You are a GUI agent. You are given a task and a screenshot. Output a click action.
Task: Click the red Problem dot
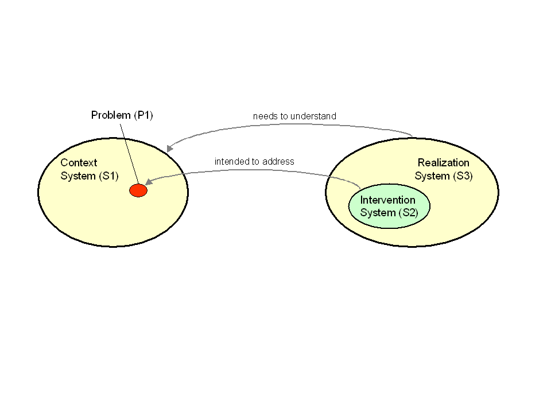pyautogui.click(x=138, y=190)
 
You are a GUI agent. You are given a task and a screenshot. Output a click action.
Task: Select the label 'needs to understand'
pyautogui.click(x=294, y=116)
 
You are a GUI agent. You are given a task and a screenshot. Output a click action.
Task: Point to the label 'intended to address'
pyautogui.click(x=254, y=162)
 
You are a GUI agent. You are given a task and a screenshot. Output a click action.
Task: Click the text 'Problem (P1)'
pyautogui.click(x=122, y=115)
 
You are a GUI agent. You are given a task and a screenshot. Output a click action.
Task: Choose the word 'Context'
pyautogui.click(x=79, y=163)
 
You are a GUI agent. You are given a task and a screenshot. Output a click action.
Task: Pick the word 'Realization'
pyautogui.click(x=443, y=163)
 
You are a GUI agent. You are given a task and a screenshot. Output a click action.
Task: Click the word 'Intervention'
pyautogui.click(x=387, y=200)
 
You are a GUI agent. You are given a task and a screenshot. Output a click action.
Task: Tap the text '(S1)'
pyautogui.click(x=108, y=176)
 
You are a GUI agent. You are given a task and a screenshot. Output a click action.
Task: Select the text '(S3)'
pyautogui.click(x=462, y=176)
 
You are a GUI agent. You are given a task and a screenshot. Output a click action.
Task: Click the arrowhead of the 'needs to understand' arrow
pyautogui.click(x=170, y=148)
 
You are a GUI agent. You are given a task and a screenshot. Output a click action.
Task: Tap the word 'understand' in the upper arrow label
pyautogui.click(x=313, y=116)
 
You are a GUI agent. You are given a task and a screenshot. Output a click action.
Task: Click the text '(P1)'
pyautogui.click(x=143, y=115)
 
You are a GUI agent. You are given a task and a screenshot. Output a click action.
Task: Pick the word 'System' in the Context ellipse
pyautogui.click(x=78, y=176)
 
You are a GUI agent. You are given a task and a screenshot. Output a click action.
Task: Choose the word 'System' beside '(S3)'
pyautogui.click(x=432, y=176)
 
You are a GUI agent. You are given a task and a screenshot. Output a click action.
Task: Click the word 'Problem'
pyautogui.click(x=111, y=115)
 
